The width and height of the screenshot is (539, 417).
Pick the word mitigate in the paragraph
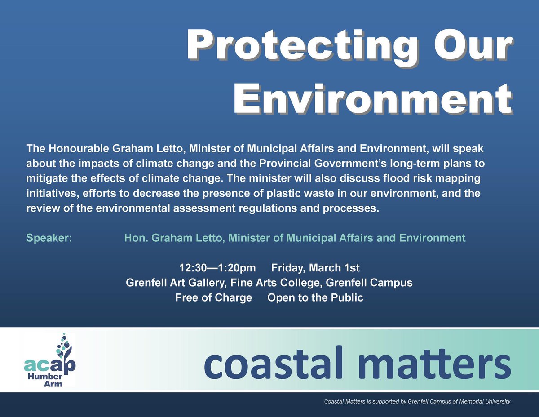(x=45, y=177)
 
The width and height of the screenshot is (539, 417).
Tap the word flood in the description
(x=389, y=177)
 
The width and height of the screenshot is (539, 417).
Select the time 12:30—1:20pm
(x=217, y=268)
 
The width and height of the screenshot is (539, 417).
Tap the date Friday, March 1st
(x=315, y=268)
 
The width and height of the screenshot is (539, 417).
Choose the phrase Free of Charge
(x=213, y=298)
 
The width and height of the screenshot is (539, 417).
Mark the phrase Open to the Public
(x=315, y=298)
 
